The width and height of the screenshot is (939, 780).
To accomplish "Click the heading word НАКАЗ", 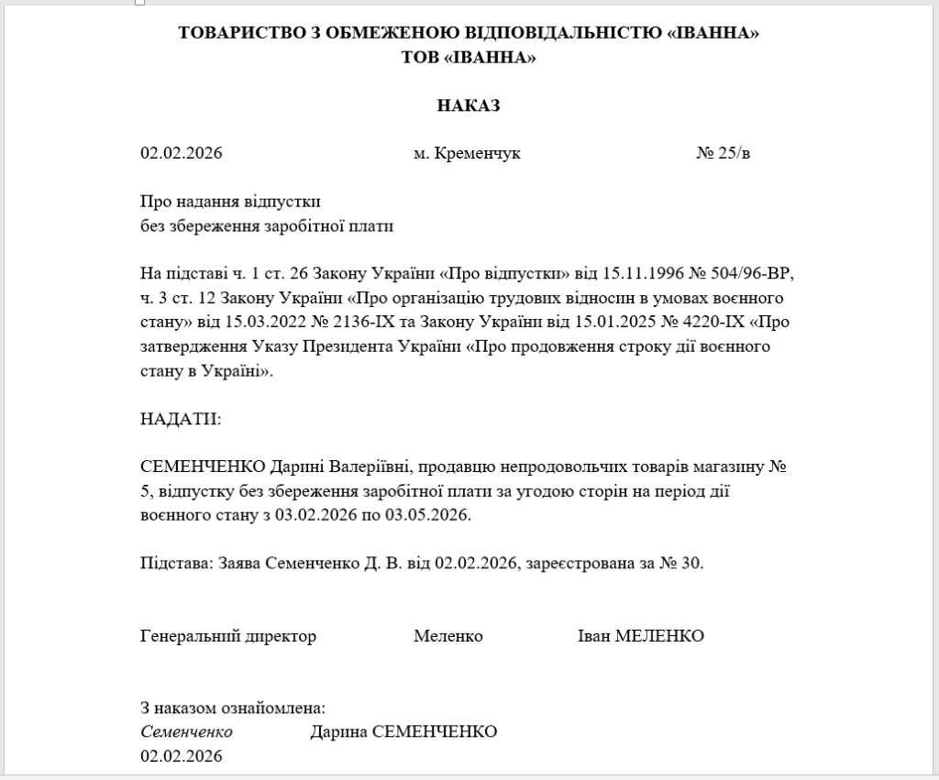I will tap(469, 105).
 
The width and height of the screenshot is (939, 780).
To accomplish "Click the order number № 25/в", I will tap(723, 153).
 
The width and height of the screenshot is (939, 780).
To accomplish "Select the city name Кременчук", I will tap(477, 153).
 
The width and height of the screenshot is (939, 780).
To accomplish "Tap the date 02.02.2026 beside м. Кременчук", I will tap(182, 153).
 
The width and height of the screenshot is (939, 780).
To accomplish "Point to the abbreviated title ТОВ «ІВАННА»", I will tap(469, 57).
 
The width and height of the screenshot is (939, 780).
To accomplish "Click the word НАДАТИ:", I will tap(181, 419).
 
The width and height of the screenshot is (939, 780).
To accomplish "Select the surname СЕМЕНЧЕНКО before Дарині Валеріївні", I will tap(203, 467).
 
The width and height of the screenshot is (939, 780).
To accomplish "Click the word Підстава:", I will tap(177, 563).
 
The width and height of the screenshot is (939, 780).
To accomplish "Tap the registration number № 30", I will tap(680, 563).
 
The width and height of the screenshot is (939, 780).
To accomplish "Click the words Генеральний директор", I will tap(228, 635).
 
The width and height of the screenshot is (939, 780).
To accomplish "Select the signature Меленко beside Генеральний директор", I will tap(447, 635).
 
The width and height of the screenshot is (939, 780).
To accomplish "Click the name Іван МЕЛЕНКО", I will tap(640, 635).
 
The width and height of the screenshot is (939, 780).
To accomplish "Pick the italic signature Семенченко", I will tap(186, 731).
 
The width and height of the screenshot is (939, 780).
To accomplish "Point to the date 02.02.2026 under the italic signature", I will tap(182, 756).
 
